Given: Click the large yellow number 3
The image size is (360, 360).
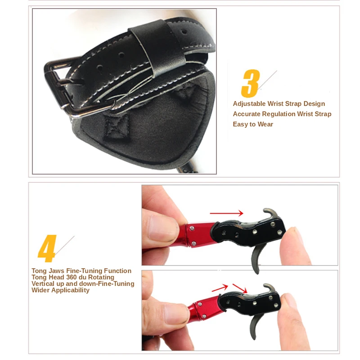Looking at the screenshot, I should pyautogui.click(x=250, y=83).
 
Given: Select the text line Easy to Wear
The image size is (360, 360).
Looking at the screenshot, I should pyautogui.click(x=253, y=124).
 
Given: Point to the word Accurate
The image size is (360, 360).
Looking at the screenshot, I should pyautogui.click(x=247, y=114).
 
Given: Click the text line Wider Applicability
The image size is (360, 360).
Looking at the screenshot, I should pyautogui.click(x=60, y=290).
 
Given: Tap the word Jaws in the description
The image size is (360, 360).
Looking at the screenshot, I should pyautogui.click(x=58, y=271).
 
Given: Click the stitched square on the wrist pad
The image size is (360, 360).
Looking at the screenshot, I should pyautogui.click(x=118, y=124).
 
